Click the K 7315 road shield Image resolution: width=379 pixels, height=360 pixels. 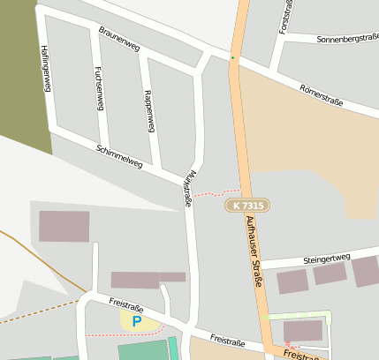247,205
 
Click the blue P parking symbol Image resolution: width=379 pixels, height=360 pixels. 136,322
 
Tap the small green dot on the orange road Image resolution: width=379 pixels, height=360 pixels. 232,58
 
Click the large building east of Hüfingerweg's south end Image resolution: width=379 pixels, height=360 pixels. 64,226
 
